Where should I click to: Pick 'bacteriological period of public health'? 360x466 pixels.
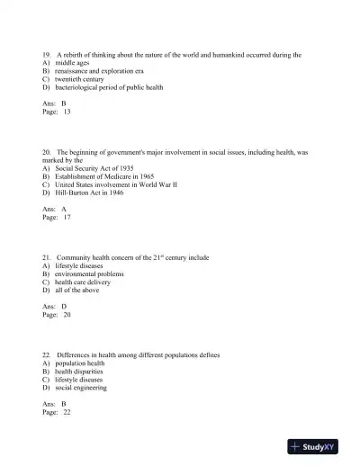click(x=113, y=87)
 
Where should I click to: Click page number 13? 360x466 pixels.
click(x=67, y=112)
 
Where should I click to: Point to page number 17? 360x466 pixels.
click(x=67, y=217)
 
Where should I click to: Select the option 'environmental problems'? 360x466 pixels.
click(x=92, y=274)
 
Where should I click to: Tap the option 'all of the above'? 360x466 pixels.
click(x=77, y=291)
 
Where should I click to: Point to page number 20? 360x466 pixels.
click(x=67, y=315)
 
